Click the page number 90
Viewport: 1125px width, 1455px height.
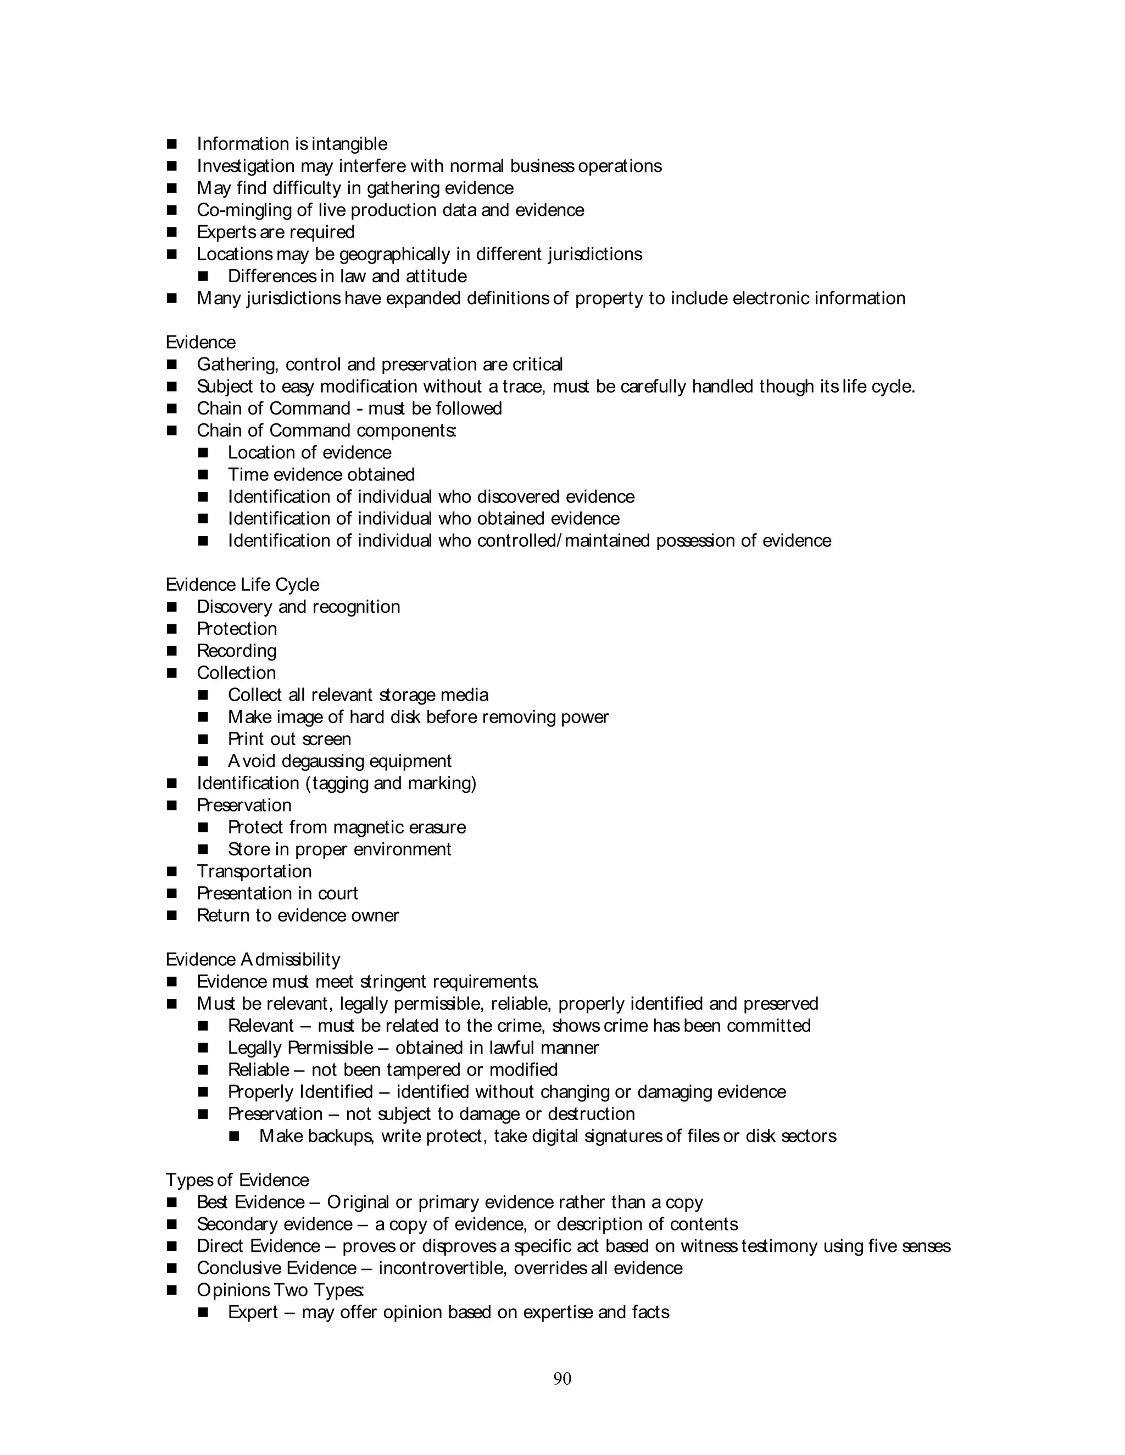pyautogui.click(x=562, y=1378)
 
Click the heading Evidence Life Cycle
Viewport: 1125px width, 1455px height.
pyautogui.click(x=242, y=584)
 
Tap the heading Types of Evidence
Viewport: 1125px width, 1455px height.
pyautogui.click(x=237, y=1180)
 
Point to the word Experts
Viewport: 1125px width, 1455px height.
pyautogui.click(x=225, y=232)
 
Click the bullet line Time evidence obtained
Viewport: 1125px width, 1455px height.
pyautogui.click(x=321, y=474)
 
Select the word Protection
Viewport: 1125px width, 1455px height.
pyautogui.click(x=237, y=628)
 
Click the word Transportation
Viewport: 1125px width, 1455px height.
pyautogui.click(x=254, y=871)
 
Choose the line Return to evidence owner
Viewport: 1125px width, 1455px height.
pyautogui.click(x=297, y=915)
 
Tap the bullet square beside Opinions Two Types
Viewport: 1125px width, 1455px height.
pyautogui.click(x=172, y=1290)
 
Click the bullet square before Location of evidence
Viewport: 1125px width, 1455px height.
pyautogui.click(x=203, y=453)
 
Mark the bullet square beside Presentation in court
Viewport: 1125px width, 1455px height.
pyautogui.click(x=172, y=893)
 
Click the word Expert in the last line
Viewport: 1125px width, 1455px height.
pyautogui.click(x=253, y=1312)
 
